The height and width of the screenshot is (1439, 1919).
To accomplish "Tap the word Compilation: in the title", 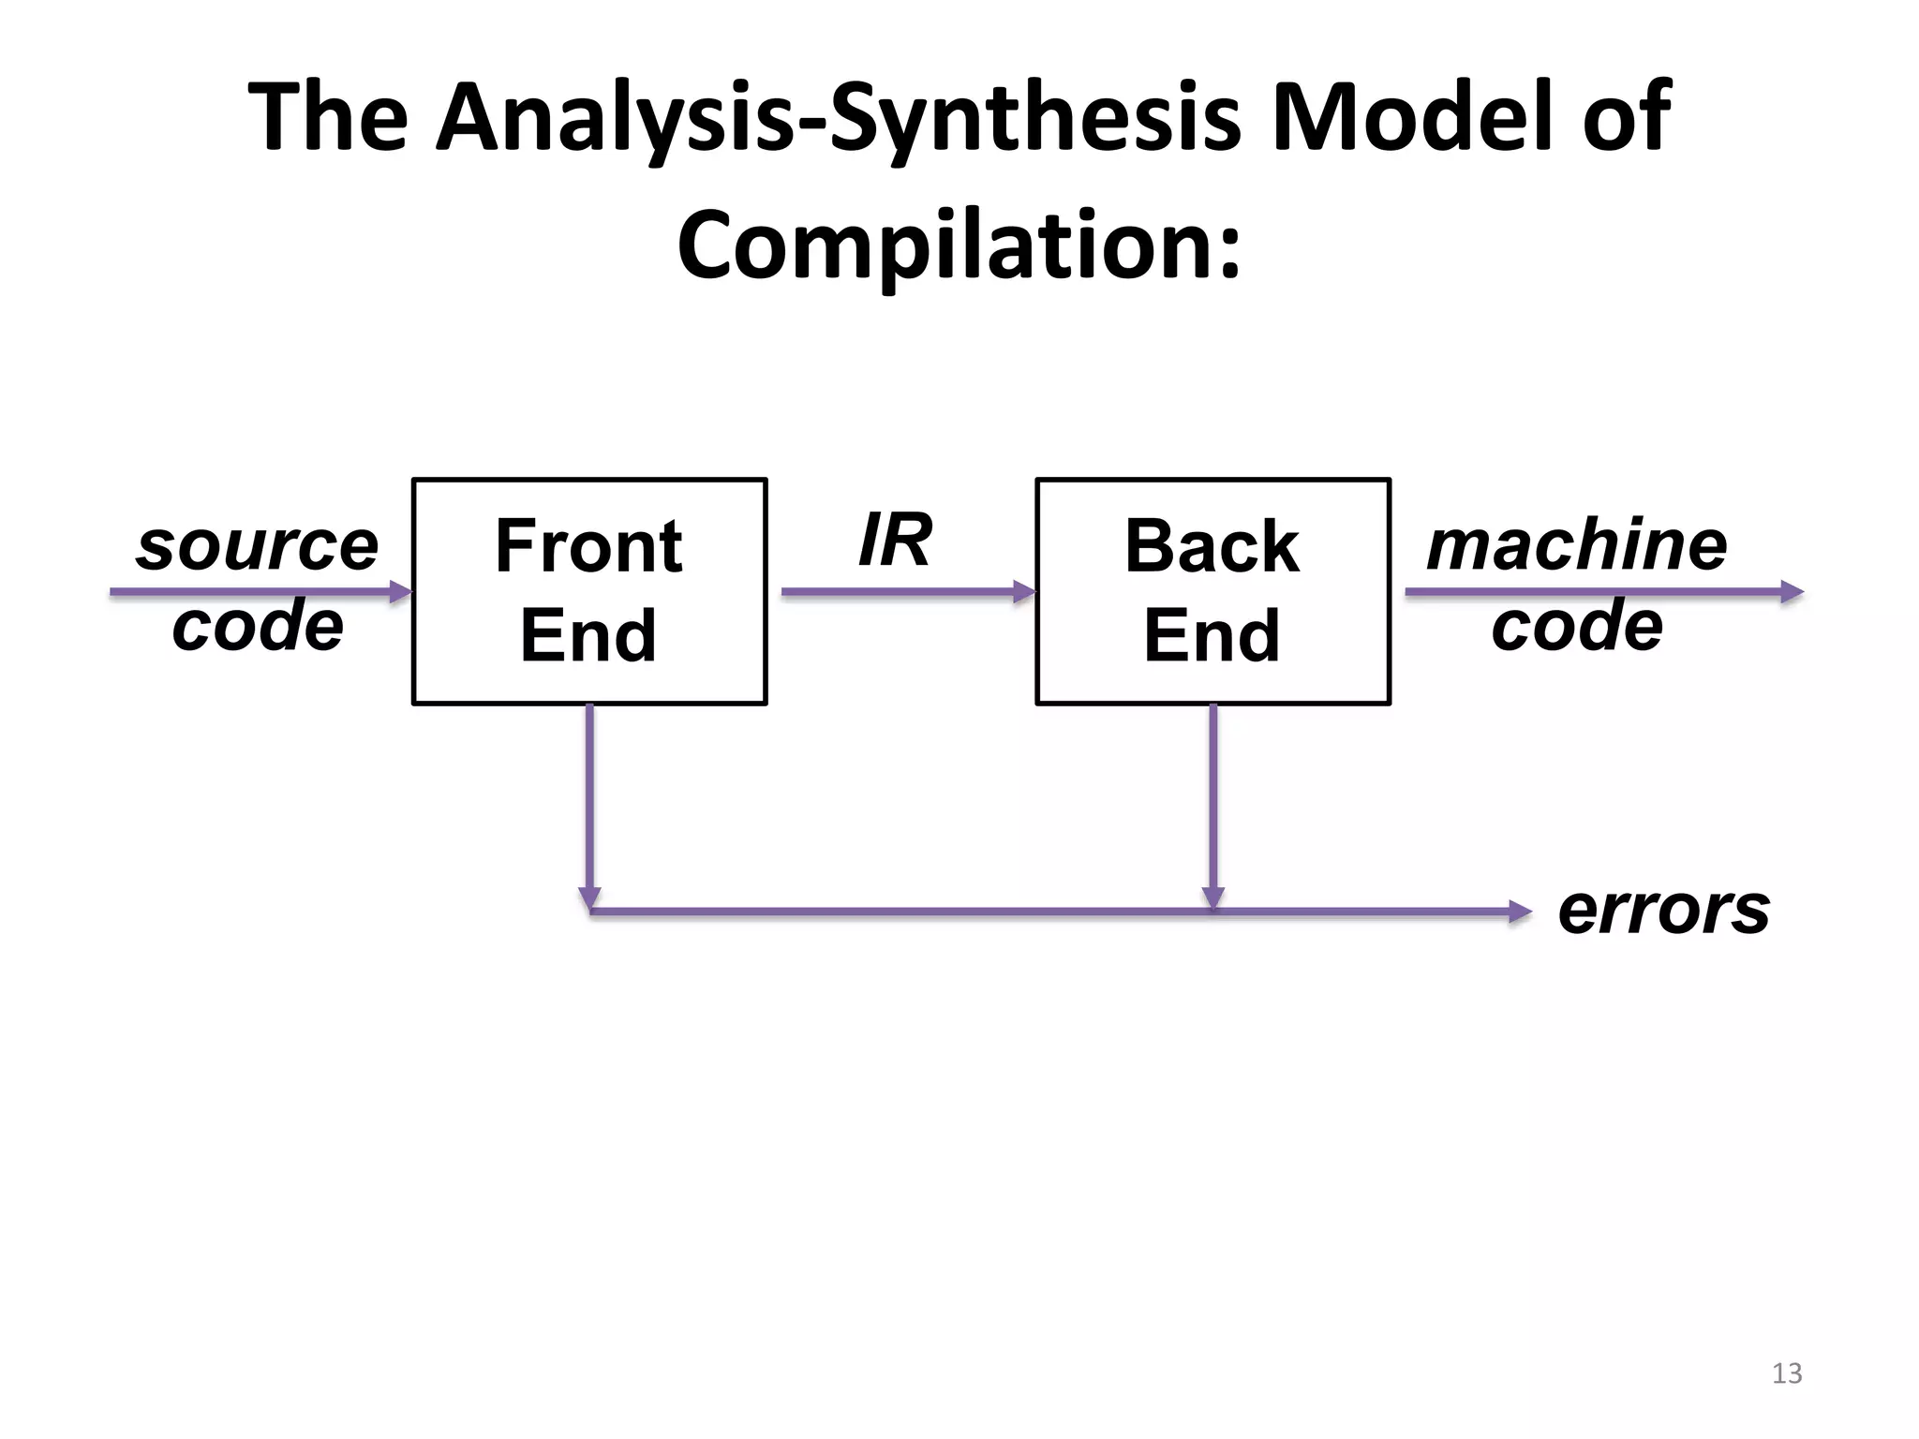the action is click(x=959, y=245).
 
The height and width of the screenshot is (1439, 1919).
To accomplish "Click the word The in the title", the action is click(x=327, y=117).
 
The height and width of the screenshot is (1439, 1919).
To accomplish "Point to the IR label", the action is click(x=895, y=541).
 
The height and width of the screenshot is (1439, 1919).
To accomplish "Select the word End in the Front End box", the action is click(x=588, y=635).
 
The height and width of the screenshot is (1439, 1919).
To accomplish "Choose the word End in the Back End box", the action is click(x=1212, y=635).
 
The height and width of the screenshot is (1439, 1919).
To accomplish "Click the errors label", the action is click(x=1663, y=910).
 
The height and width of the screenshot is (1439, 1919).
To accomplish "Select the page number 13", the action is click(x=1786, y=1373).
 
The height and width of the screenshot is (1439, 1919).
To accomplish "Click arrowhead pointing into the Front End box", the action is click(x=401, y=591).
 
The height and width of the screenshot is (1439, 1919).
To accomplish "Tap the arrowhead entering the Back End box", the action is click(x=1024, y=591).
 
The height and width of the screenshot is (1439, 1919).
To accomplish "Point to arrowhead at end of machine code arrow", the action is click(x=1792, y=591).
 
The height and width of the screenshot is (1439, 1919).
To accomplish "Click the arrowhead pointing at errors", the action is click(x=1519, y=911).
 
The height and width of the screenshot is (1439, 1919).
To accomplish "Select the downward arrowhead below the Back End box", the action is click(x=1212, y=898).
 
